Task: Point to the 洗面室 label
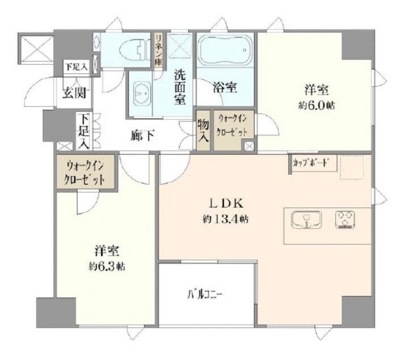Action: pos(180,86)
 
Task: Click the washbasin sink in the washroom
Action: pos(140,92)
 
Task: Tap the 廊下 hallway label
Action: pos(140,136)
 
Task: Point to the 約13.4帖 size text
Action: pos(226,218)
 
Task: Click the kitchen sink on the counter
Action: pos(306,220)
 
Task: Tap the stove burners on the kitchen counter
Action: pos(344,220)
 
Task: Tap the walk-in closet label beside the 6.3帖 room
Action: pos(86,171)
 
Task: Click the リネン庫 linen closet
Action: pos(159,50)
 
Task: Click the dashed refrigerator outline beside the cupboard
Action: pos(355,167)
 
